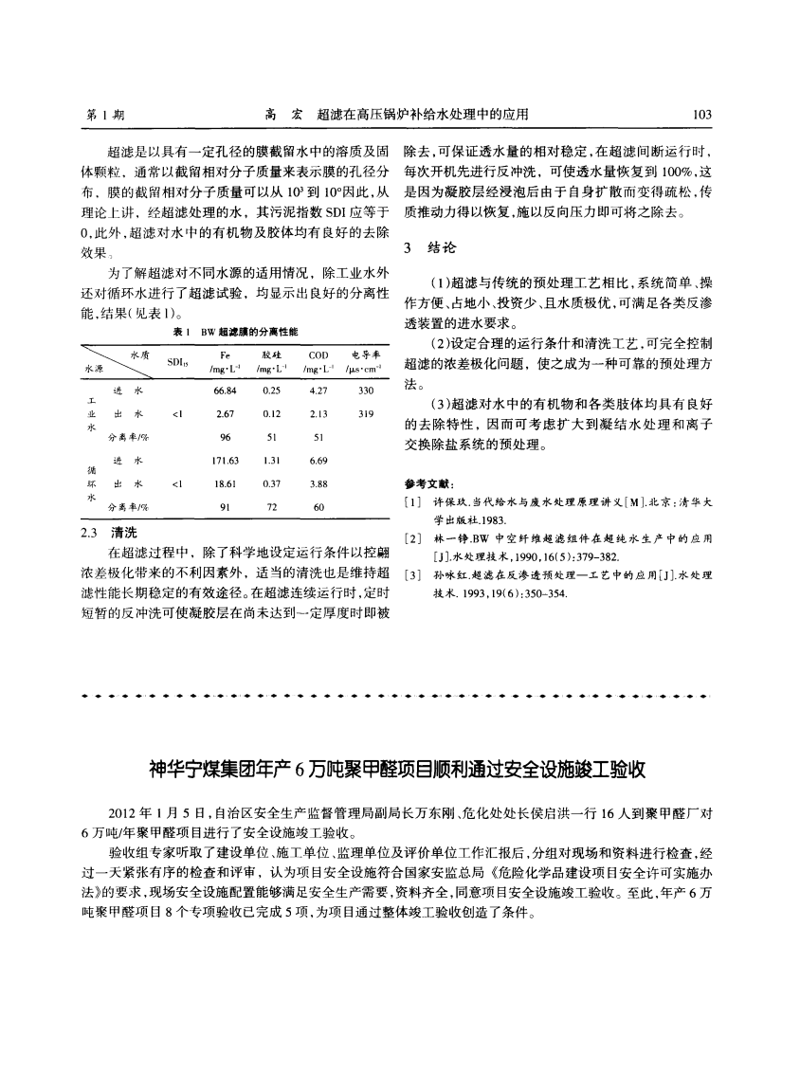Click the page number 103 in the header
pos(702,115)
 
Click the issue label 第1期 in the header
pos(105,115)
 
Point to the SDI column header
pos(175,361)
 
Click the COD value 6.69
pos(318,460)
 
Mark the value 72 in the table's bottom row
pos(272,506)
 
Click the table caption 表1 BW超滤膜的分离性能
pos(236,332)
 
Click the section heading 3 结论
pos(429,249)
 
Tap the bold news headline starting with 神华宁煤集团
pos(398,769)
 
